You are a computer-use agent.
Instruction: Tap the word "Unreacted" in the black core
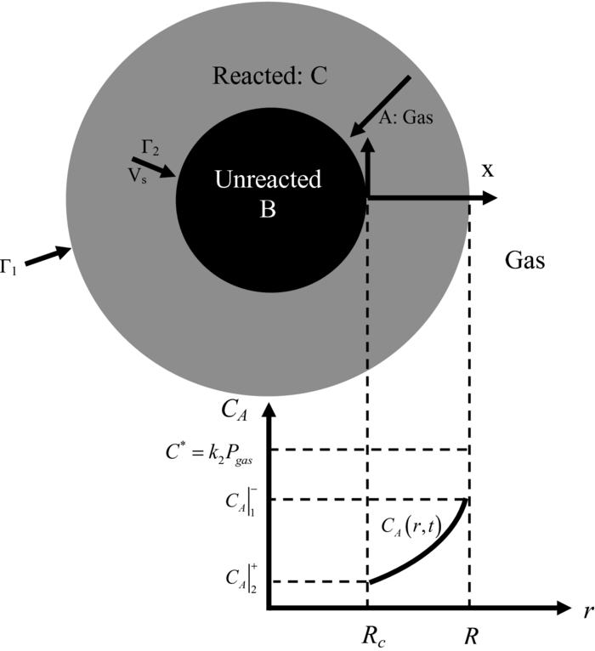pos(268,180)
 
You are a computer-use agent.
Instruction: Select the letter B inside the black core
pos(268,209)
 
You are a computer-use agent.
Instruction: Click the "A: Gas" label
pos(405,119)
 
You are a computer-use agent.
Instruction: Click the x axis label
pos(488,170)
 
